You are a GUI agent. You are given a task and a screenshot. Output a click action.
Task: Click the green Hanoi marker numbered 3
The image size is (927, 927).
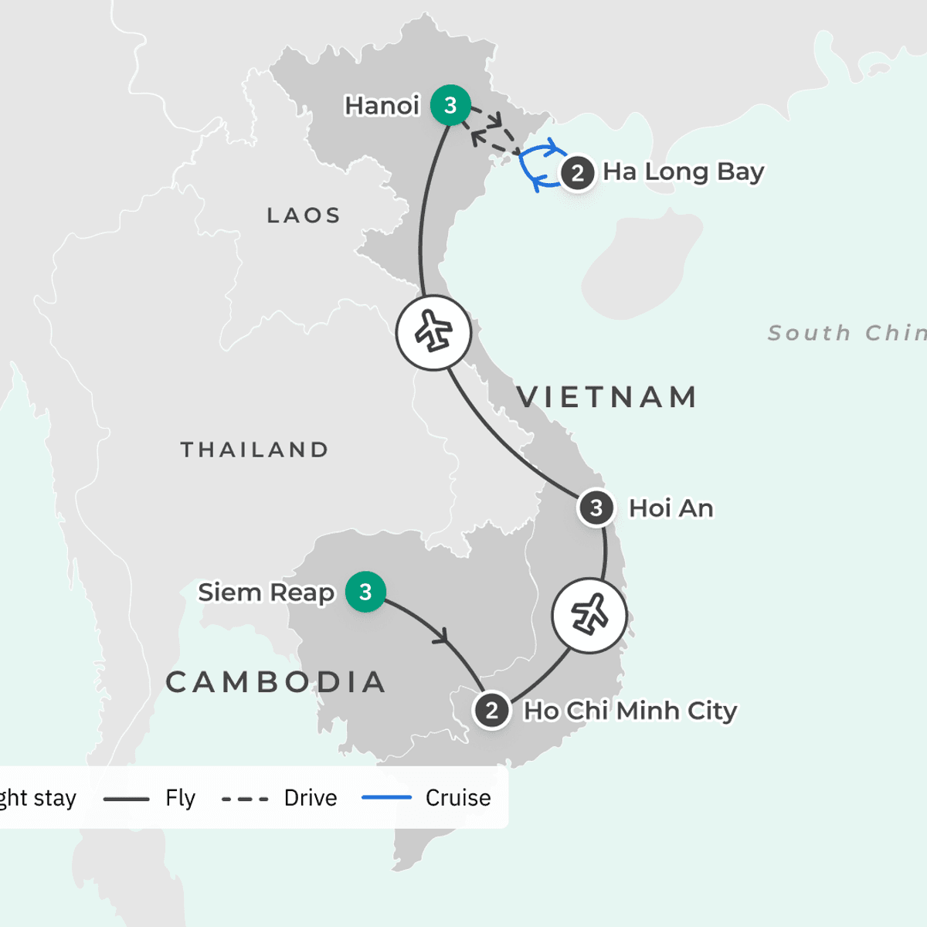pyautogui.click(x=450, y=105)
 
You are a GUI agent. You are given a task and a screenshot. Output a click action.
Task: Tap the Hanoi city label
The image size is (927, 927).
pyautogui.click(x=382, y=106)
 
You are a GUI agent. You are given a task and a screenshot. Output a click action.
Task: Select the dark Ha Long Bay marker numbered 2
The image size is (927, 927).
pyautogui.click(x=577, y=173)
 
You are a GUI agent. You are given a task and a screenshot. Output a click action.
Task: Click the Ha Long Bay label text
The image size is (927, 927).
pyautogui.click(x=683, y=171)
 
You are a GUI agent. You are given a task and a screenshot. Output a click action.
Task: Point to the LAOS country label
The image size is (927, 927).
pyautogui.click(x=304, y=216)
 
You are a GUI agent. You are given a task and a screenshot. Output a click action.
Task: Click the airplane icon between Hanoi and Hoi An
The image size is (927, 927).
pyautogui.click(x=433, y=333)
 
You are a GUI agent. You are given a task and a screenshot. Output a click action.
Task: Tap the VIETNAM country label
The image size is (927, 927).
pyautogui.click(x=607, y=397)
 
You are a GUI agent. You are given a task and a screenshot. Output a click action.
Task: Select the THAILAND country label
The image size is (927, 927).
pyautogui.click(x=255, y=450)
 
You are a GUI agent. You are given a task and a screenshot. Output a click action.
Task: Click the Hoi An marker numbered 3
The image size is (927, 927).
pyautogui.click(x=596, y=508)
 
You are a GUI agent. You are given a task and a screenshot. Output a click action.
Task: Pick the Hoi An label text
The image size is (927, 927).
pyautogui.click(x=671, y=508)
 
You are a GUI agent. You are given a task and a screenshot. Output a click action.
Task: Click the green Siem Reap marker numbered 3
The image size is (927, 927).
pyautogui.click(x=365, y=592)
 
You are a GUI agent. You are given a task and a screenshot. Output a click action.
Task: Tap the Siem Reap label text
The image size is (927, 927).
pyautogui.click(x=266, y=593)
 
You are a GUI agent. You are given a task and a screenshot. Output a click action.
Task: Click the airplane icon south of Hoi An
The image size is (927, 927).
pyautogui.click(x=589, y=616)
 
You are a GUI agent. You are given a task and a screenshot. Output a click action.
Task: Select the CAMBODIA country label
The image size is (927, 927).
pyautogui.click(x=276, y=682)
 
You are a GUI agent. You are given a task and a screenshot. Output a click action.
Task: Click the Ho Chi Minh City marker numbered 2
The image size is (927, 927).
pyautogui.click(x=491, y=711)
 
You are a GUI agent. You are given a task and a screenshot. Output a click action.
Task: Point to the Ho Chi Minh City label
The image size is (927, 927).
pyautogui.click(x=630, y=711)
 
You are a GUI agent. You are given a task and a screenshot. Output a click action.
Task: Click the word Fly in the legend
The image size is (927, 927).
pyautogui.click(x=180, y=798)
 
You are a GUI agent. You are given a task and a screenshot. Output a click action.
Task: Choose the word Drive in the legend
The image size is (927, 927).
pyautogui.click(x=311, y=798)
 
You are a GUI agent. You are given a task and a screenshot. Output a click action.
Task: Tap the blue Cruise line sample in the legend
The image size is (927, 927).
pyautogui.click(x=386, y=797)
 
